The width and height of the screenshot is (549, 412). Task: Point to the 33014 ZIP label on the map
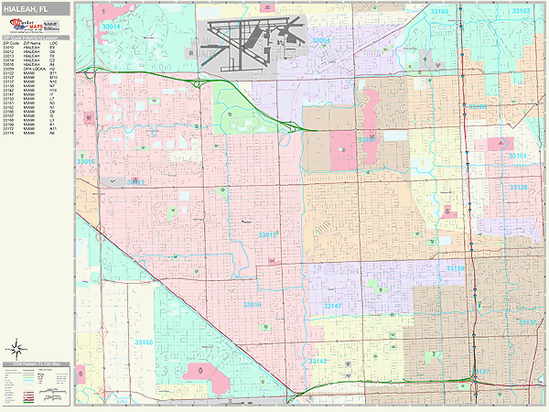pyautogui.click(x=111, y=28)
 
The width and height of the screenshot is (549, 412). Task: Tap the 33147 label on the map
pyautogui.click(x=332, y=305)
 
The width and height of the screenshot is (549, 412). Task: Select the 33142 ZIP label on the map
pyautogui.click(x=318, y=362)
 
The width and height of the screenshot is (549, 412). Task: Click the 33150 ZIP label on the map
pyautogui.click(x=456, y=268)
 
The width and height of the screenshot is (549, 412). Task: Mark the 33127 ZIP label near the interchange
pyautogui.click(x=482, y=372)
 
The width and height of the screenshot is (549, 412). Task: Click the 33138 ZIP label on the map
pyautogui.click(x=518, y=187)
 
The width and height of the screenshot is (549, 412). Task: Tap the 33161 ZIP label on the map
pyautogui.click(x=518, y=157)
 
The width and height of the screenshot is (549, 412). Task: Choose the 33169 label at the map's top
pyautogui.click(x=439, y=11)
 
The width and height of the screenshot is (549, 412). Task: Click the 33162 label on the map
pyautogui.click(x=521, y=11)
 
